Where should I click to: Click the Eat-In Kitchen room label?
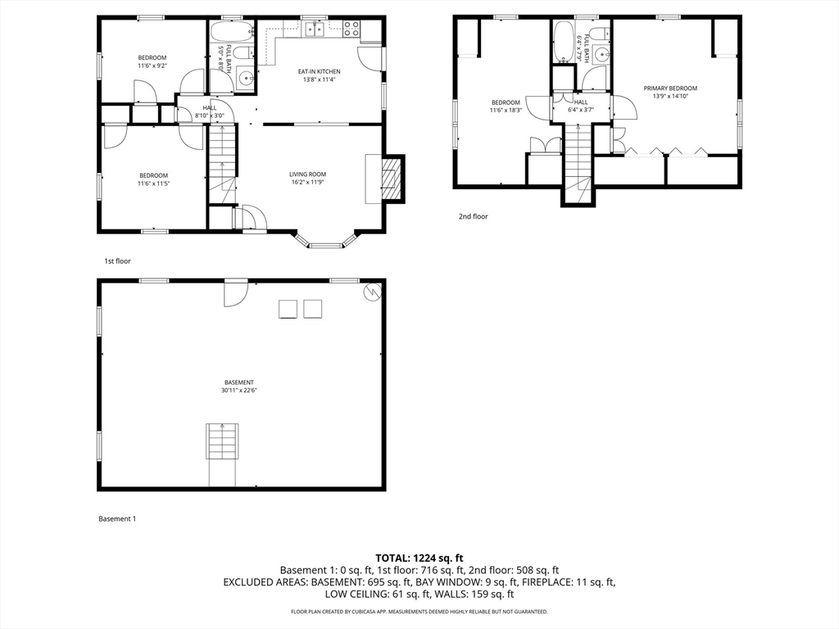319,71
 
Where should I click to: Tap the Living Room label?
307,174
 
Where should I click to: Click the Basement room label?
238,382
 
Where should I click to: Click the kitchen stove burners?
351,29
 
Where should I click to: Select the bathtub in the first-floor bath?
221,34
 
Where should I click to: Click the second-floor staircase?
578,160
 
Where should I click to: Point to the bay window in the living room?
325,240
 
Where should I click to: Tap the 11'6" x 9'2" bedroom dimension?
152,66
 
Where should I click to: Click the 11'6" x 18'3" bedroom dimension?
506,110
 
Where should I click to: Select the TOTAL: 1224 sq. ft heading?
419,558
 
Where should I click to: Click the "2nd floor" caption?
473,216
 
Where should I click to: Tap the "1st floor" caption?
117,260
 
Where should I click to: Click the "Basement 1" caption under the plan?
117,518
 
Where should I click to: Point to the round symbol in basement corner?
371,290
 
